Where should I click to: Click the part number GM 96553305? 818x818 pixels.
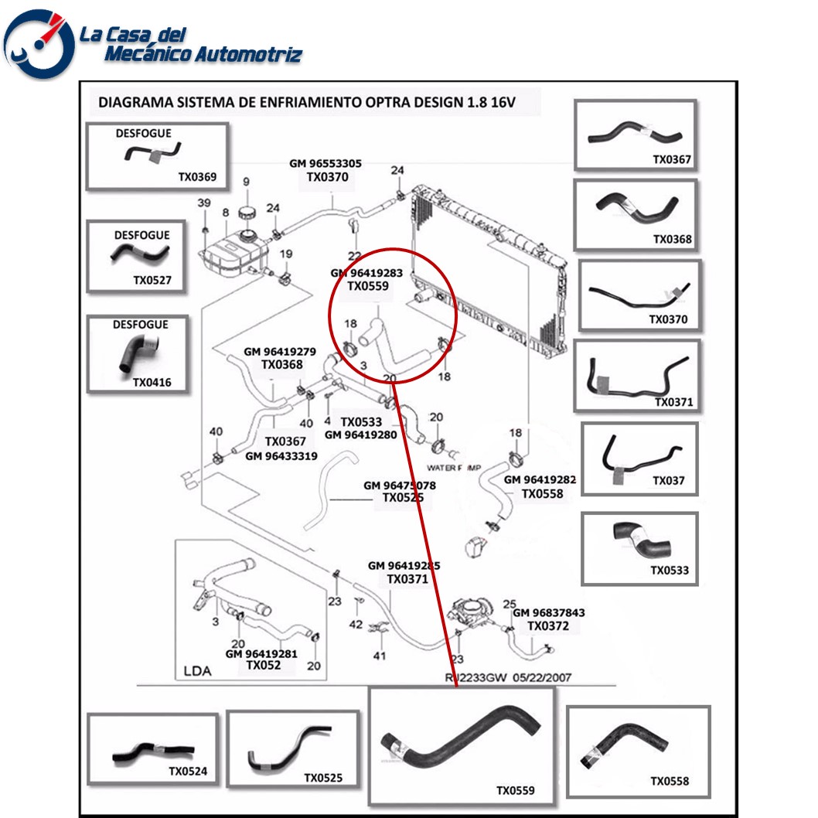pos(325,164)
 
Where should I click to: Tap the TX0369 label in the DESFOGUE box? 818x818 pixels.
pos(197,177)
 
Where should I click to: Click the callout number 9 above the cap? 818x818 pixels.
pos(247,182)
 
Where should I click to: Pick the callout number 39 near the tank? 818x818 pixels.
pos(203,203)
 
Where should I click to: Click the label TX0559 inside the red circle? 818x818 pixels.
pos(367,286)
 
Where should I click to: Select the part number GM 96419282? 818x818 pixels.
pos(540,480)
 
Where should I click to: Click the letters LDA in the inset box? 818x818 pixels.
pos(197,671)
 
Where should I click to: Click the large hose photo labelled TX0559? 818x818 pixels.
pos(461,738)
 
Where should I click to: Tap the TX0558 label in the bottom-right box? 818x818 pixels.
pos(669,781)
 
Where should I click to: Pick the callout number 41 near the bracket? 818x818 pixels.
pos(379,656)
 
